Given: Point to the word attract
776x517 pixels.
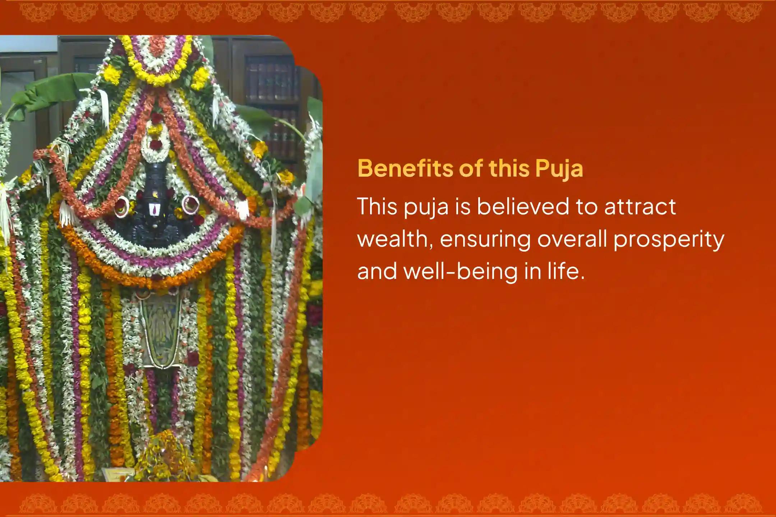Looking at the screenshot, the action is click(640, 207).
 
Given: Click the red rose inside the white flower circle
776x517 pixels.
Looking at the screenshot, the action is click(156, 144).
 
